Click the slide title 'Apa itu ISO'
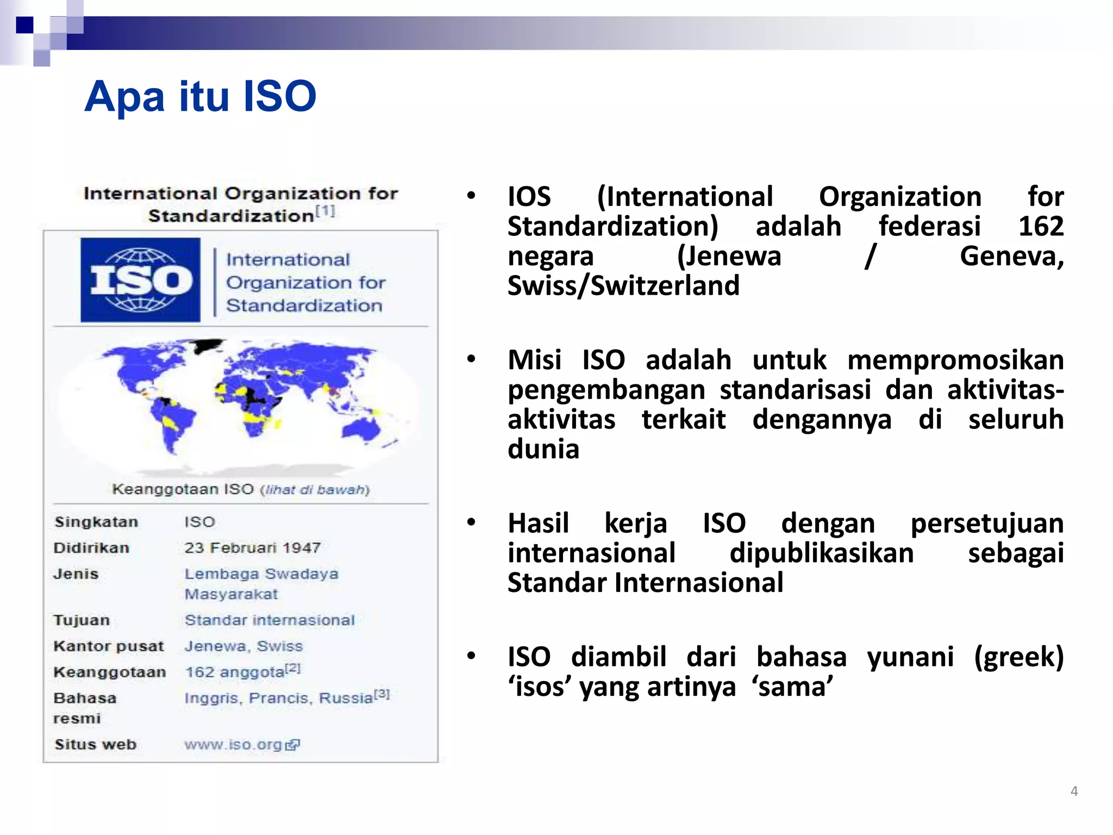(x=200, y=97)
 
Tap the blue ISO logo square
(x=140, y=280)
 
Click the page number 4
(x=1074, y=791)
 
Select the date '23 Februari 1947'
(x=252, y=548)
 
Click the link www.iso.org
(x=233, y=745)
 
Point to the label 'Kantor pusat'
(x=108, y=646)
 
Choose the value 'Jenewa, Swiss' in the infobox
(x=243, y=646)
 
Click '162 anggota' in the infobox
(x=235, y=672)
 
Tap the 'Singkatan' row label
(x=96, y=522)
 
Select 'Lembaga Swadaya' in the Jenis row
(x=261, y=574)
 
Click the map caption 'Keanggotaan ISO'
(x=183, y=489)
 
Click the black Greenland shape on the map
(x=208, y=346)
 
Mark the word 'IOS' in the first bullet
(x=529, y=197)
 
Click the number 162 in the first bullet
(x=1040, y=226)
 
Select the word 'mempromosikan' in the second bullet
(x=955, y=360)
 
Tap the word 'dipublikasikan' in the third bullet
(x=821, y=553)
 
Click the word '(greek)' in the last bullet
(x=1018, y=657)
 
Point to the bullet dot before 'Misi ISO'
(x=471, y=359)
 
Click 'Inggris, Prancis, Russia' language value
(x=278, y=698)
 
